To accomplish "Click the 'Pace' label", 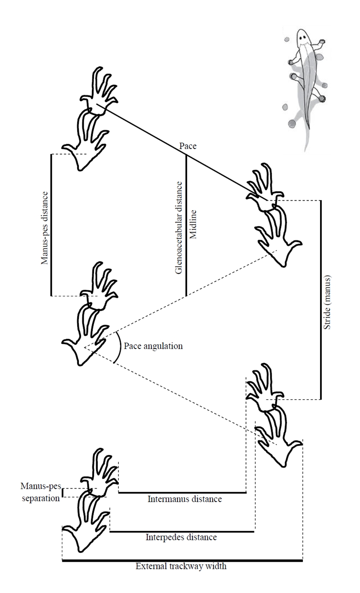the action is click(x=188, y=146).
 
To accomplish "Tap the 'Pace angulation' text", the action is click(x=153, y=346).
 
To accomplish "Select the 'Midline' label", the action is click(x=194, y=225).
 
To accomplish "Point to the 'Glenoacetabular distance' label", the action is click(x=179, y=228).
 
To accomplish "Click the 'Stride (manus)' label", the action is click(x=327, y=302).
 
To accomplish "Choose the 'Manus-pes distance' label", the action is click(x=45, y=228).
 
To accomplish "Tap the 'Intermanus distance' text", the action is click(x=185, y=499).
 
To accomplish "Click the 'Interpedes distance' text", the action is click(x=181, y=537).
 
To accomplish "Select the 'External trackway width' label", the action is click(x=181, y=566).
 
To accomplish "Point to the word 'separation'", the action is click(x=41, y=498).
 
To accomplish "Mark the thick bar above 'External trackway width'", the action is click(x=182, y=560).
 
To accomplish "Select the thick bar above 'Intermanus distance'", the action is click(x=182, y=493).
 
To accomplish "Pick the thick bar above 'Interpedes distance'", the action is click(x=182, y=531).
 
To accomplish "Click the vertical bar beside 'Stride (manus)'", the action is click(x=321, y=300).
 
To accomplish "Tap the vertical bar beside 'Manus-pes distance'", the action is click(x=51, y=225).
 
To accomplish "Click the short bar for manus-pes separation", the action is click(x=63, y=493).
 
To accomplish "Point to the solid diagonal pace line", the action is click(x=182, y=152).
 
